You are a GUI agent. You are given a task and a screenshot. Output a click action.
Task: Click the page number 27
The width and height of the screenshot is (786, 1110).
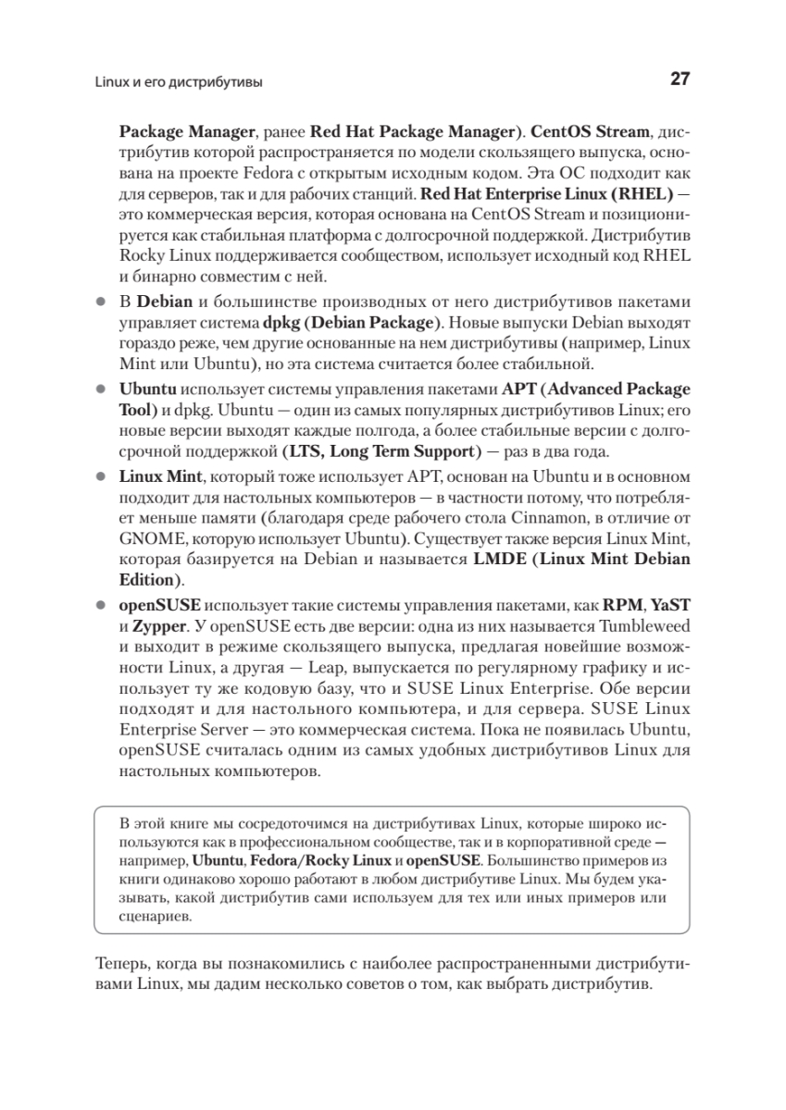coord(679,80)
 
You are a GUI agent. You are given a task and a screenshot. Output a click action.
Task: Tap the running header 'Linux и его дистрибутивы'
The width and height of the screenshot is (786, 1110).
coord(179,82)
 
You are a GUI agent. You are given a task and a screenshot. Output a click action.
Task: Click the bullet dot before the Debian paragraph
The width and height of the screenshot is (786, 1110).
coord(102,302)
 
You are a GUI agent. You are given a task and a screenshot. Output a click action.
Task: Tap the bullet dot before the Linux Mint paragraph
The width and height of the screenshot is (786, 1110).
coord(102,476)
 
